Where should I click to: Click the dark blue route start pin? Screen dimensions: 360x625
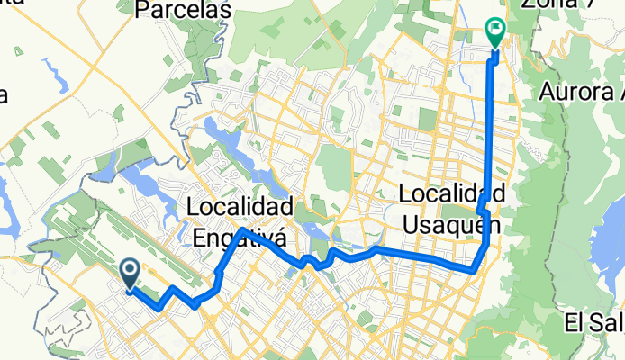[130, 274]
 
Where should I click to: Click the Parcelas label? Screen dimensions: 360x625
[183, 10]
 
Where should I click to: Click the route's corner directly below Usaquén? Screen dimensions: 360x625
[475, 269]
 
